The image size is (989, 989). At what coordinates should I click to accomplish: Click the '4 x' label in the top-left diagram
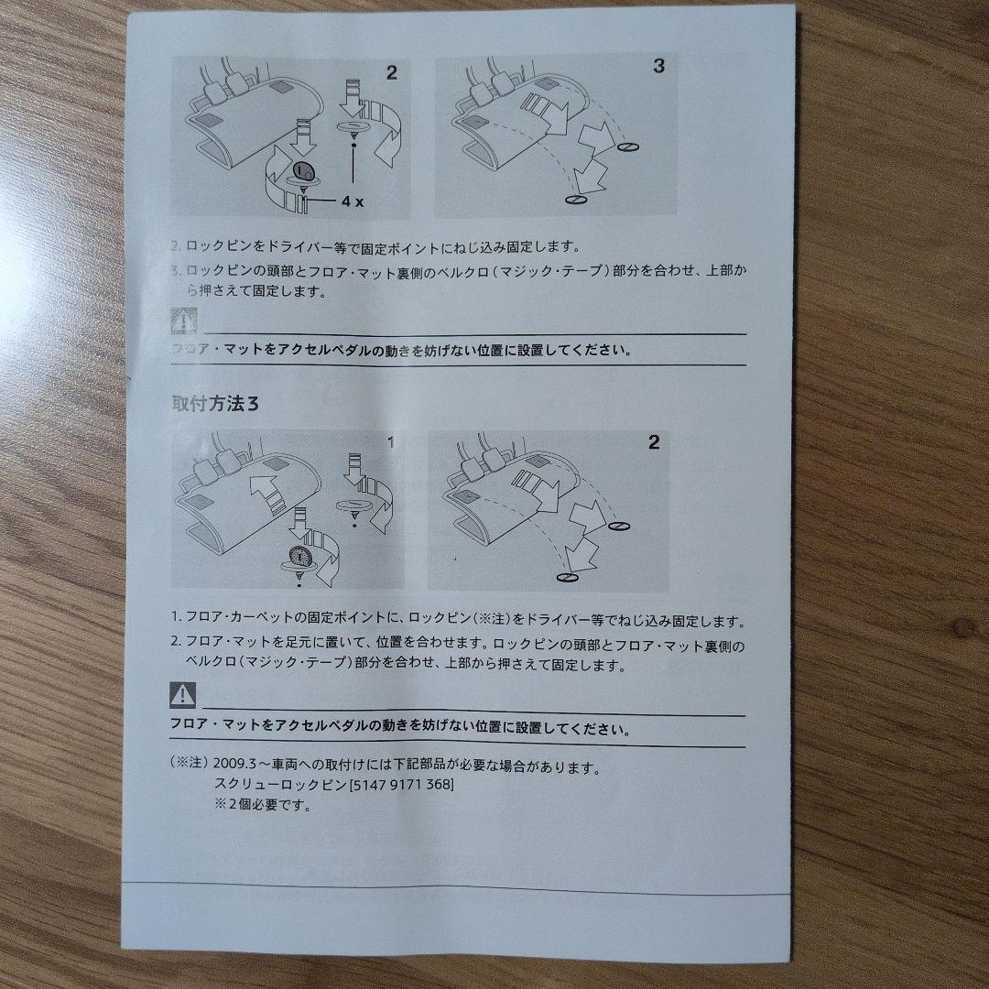tap(353, 201)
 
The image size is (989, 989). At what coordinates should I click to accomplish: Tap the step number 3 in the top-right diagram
tap(658, 66)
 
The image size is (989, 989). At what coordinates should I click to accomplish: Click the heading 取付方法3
tap(215, 404)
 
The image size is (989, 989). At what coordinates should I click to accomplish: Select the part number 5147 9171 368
tap(401, 786)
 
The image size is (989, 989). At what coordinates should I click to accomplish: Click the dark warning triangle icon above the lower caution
tap(183, 695)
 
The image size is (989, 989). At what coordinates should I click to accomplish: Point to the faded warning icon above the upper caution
tap(184, 321)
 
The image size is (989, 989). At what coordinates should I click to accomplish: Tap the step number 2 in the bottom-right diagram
tap(654, 442)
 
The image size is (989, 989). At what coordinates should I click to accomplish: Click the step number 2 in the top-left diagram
tap(392, 73)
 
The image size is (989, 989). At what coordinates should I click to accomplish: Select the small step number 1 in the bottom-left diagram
tap(390, 443)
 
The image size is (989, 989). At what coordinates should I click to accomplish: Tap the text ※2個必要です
tap(263, 805)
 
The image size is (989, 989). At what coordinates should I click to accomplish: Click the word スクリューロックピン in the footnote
tap(281, 786)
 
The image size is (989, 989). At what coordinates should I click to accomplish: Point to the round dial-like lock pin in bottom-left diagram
tap(299, 557)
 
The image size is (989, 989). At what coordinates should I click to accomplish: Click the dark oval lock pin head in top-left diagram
tap(303, 170)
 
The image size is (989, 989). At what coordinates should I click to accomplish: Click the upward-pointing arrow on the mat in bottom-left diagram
tap(266, 493)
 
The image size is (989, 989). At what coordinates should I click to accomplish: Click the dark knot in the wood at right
tap(963, 627)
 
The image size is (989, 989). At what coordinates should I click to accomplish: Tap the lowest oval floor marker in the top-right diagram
tap(576, 200)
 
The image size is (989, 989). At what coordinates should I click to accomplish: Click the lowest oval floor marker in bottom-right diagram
tap(567, 577)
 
